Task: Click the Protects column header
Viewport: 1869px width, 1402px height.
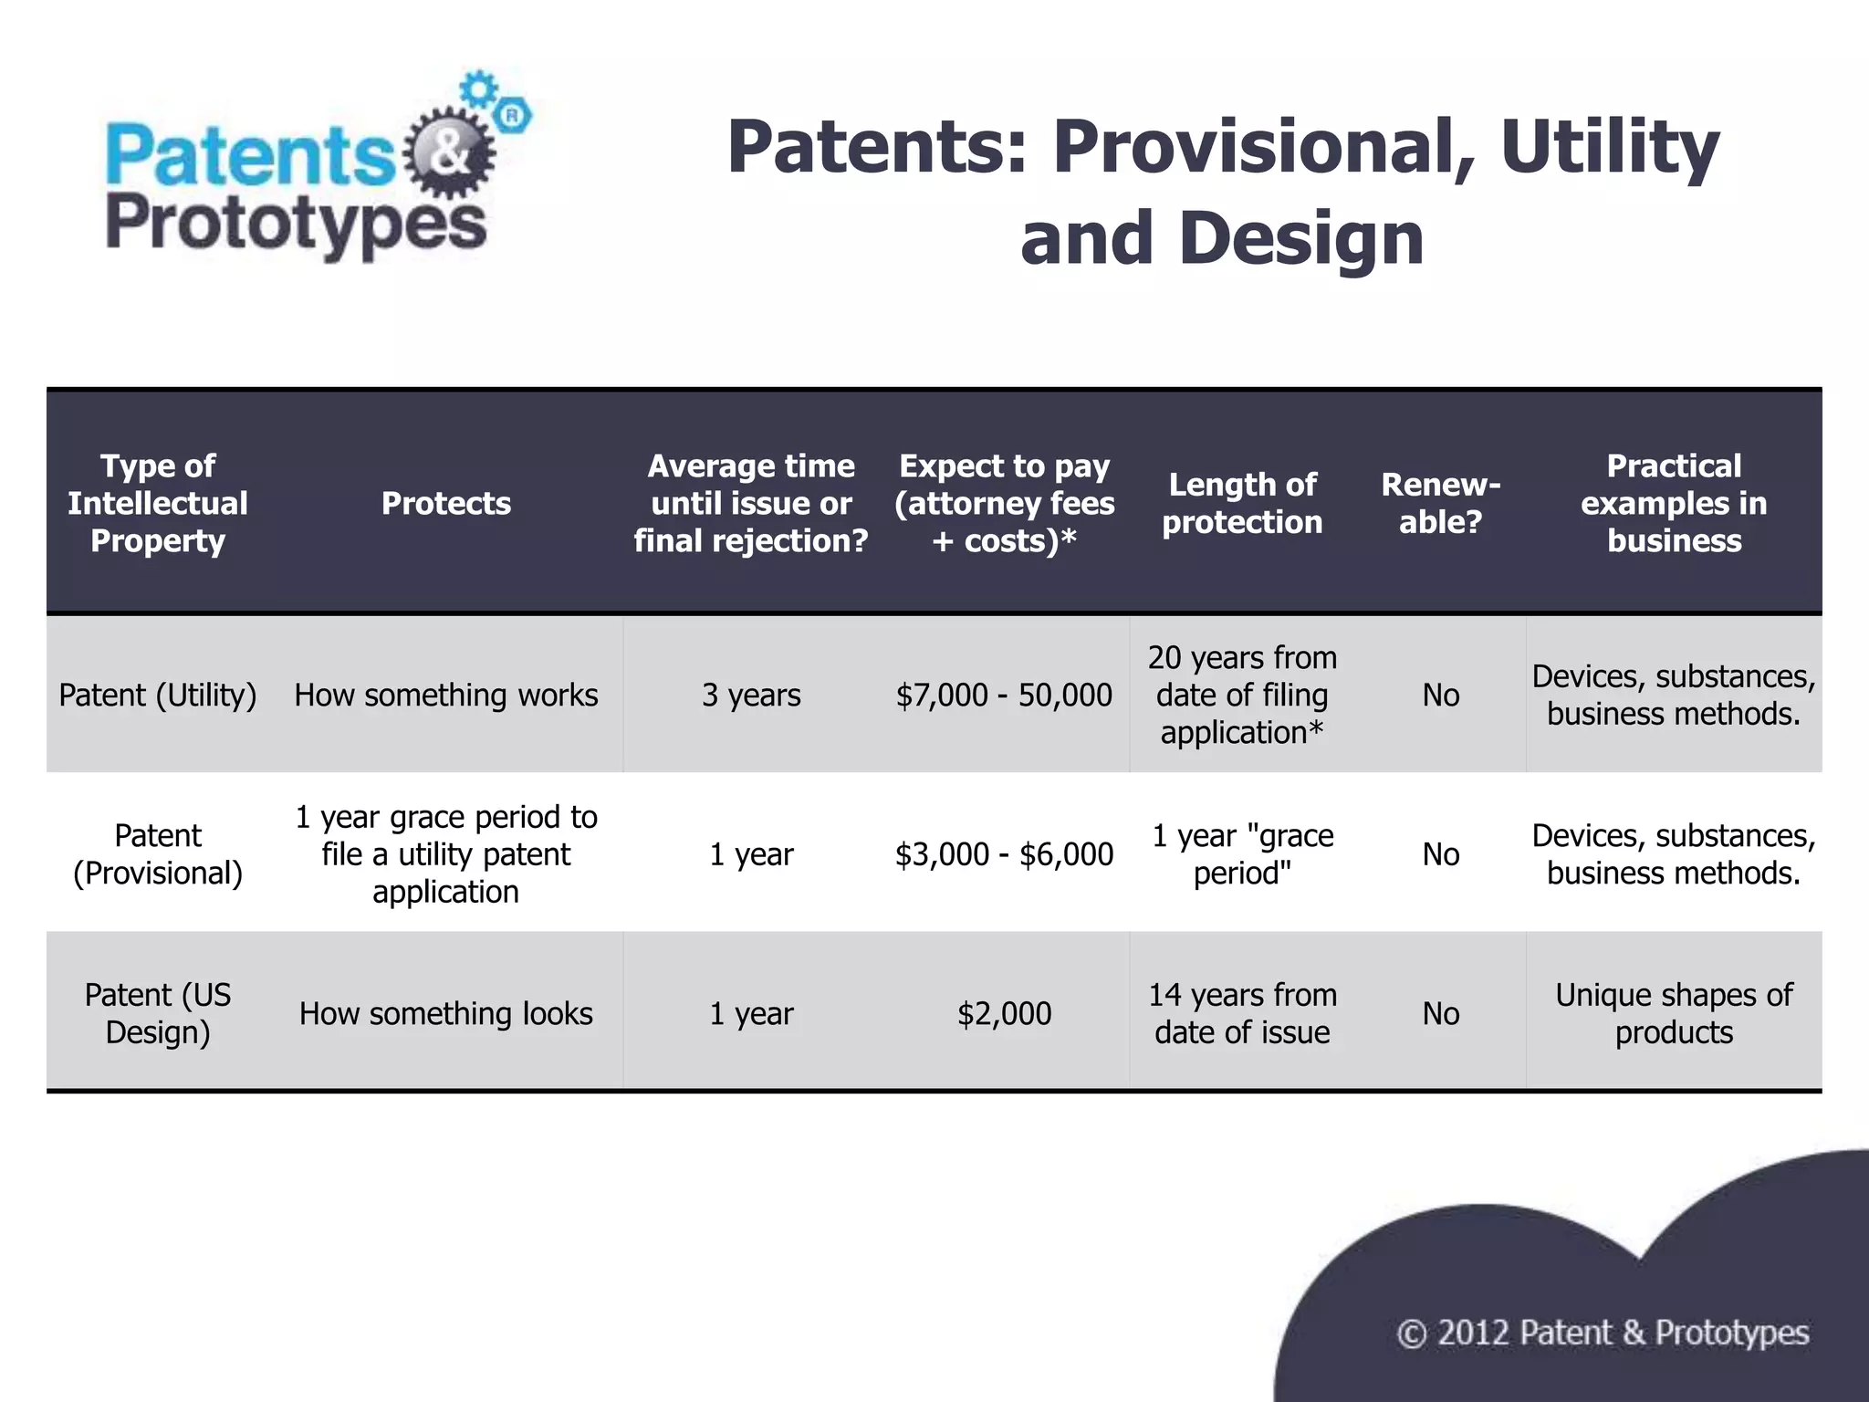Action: tap(446, 503)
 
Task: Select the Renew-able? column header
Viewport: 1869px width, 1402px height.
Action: tap(1440, 503)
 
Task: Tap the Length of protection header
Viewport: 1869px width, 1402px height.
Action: tap(1242, 503)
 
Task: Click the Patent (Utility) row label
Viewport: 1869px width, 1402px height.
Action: tap(158, 696)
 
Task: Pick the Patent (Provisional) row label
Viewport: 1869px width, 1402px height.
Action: tap(158, 854)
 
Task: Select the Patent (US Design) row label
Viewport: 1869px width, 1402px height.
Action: tap(158, 1013)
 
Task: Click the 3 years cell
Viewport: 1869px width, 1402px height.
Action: tap(751, 696)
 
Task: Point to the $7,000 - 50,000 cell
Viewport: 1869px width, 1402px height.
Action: tap(1004, 696)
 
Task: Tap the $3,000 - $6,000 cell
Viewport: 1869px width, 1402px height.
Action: tap(1004, 854)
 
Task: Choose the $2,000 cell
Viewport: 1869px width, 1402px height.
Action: tap(1004, 1013)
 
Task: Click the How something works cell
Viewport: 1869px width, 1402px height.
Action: tap(446, 696)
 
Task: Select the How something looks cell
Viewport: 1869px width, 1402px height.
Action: tap(446, 1013)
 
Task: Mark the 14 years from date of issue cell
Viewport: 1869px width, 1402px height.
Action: tap(1242, 1013)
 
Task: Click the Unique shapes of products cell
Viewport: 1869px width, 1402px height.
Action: tap(1674, 1013)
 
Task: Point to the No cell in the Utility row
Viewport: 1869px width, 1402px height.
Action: tap(1440, 696)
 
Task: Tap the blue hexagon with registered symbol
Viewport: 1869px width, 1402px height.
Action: tap(513, 115)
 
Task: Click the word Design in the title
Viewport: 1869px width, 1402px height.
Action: tap(1300, 239)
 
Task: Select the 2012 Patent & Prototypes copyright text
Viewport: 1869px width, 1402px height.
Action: tap(1603, 1334)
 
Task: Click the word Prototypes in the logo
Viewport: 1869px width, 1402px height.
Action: tap(297, 225)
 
